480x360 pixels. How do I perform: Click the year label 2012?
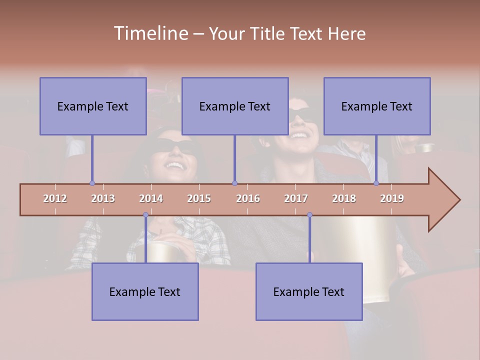[55, 198]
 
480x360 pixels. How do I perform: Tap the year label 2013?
[103, 198]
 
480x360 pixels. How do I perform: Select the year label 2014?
[151, 198]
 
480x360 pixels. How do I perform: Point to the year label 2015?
[199, 198]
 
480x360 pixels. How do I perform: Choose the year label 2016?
[248, 198]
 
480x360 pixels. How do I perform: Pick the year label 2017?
[296, 198]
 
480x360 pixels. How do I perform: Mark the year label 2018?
[344, 198]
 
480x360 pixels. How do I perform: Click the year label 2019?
[392, 198]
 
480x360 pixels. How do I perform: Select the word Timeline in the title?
[150, 33]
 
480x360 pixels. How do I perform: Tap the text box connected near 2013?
[93, 106]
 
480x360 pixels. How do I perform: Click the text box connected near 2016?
[235, 106]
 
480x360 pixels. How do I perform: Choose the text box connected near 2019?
[377, 106]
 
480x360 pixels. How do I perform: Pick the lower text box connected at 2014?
[145, 291]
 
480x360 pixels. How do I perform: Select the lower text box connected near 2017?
[309, 291]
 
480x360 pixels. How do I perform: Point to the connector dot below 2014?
[145, 214]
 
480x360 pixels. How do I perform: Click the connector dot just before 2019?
[376, 183]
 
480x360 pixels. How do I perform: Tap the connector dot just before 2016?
[234, 183]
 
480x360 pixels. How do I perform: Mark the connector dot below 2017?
[309, 214]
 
